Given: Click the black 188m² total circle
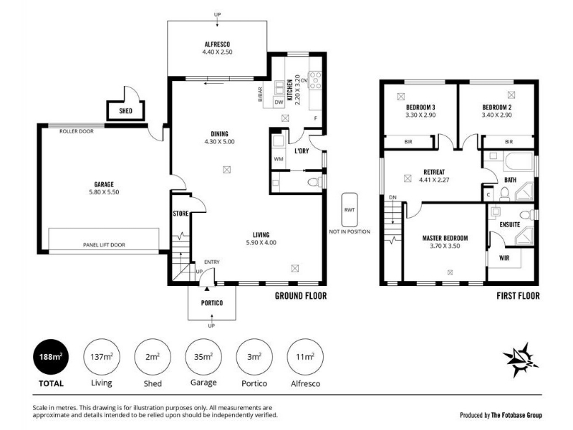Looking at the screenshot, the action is click(x=51, y=357).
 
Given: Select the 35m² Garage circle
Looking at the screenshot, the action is click(x=203, y=357).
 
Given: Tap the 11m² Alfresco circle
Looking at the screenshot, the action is click(x=306, y=357).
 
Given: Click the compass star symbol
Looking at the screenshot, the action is click(x=521, y=360).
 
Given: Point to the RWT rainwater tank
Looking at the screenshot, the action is click(x=350, y=210).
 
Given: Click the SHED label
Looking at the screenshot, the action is click(x=126, y=111).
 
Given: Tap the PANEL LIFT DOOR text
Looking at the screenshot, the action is click(x=104, y=245).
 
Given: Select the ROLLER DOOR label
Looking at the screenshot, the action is click(x=77, y=131).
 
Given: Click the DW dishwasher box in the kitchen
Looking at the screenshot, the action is click(x=279, y=102).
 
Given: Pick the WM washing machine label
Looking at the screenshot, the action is click(x=279, y=158).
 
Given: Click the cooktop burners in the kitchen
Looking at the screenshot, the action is click(x=315, y=80).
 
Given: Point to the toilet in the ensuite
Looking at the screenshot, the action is click(x=526, y=214).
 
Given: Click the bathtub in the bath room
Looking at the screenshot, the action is click(x=519, y=161).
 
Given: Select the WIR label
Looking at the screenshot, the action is click(x=504, y=258).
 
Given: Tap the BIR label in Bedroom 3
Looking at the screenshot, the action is click(x=408, y=141).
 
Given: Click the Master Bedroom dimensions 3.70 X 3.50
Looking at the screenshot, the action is click(x=445, y=246).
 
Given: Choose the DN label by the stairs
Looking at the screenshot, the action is click(x=393, y=198).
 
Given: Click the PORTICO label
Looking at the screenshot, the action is click(x=212, y=303).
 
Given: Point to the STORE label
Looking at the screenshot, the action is click(x=180, y=214).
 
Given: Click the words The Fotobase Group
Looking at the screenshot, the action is click(x=516, y=415).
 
